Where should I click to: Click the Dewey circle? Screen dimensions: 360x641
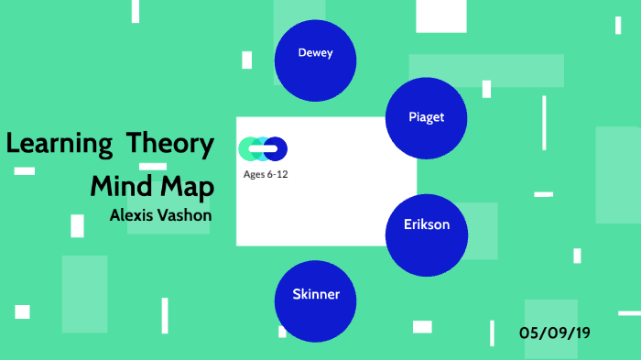(316, 60)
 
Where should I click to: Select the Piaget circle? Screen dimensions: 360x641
(427, 118)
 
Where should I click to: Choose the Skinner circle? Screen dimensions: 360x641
(316, 300)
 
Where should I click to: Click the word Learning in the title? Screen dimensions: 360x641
(59, 145)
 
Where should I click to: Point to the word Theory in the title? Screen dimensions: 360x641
(170, 145)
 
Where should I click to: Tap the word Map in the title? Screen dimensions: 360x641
(190, 187)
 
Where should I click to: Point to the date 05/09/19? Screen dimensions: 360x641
(554, 332)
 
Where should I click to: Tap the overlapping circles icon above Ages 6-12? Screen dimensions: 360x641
(263, 148)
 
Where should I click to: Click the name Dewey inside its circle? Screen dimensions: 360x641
(316, 52)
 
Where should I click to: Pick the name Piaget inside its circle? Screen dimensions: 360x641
(427, 117)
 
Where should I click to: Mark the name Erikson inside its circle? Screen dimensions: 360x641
(427, 224)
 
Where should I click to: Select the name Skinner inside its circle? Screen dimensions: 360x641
(316, 295)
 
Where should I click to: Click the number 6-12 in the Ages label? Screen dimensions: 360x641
(277, 174)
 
